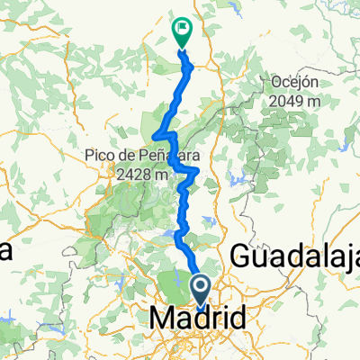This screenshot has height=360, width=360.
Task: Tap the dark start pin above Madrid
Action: pos(202,290)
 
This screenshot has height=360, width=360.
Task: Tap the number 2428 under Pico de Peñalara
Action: pos(134,174)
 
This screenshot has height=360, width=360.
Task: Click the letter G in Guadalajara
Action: pos(241,256)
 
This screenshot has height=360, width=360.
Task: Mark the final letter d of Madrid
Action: pos(238,319)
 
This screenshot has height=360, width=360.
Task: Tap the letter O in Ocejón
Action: pos(274,82)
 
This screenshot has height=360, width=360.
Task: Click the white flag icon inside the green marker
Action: pos(182,28)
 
